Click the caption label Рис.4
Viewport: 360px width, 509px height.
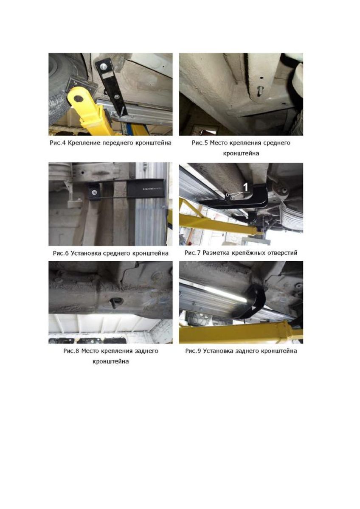point(58,143)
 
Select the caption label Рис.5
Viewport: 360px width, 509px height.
point(200,143)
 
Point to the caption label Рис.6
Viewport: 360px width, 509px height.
point(61,253)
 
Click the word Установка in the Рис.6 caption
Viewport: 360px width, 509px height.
point(86,253)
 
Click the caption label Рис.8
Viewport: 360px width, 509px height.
point(71,351)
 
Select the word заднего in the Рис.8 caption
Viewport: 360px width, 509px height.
point(147,351)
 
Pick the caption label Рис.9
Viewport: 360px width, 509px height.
point(193,351)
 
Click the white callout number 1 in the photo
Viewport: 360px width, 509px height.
point(246,187)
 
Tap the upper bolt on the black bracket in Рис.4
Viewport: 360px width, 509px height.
point(104,66)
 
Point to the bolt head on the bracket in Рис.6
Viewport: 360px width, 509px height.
point(94,193)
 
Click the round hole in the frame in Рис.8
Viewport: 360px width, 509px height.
point(116,302)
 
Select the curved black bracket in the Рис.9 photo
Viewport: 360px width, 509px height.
point(257,300)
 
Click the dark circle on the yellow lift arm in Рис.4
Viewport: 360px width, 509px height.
point(78,98)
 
